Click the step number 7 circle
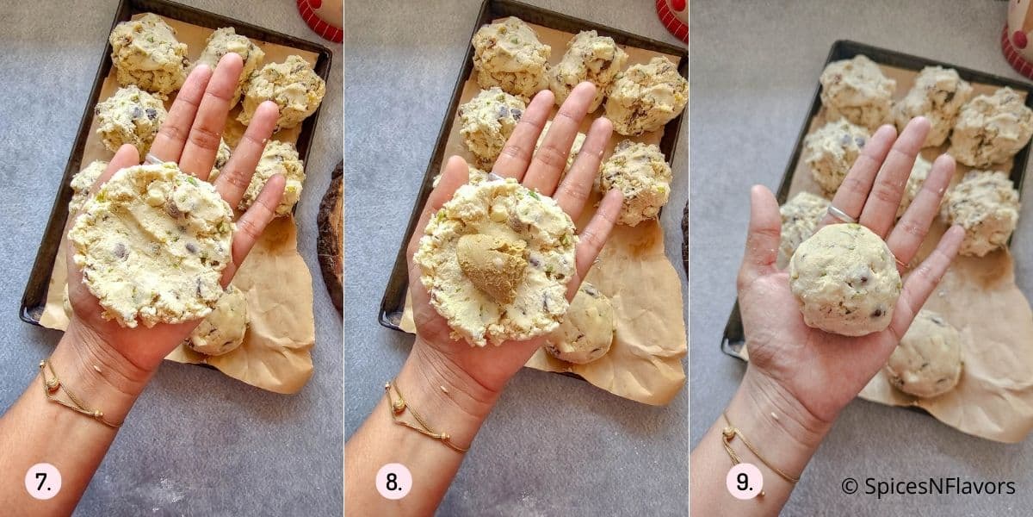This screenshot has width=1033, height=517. pyautogui.click(x=43, y=481)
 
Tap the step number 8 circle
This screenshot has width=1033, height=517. pyautogui.click(x=393, y=481)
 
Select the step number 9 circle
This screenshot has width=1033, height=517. pyautogui.click(x=744, y=481)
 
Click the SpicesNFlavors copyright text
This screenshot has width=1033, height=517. pyautogui.click(x=928, y=487)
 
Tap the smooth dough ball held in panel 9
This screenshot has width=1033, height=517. pyautogui.click(x=847, y=279)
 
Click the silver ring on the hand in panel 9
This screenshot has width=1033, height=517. pyautogui.click(x=840, y=213)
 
